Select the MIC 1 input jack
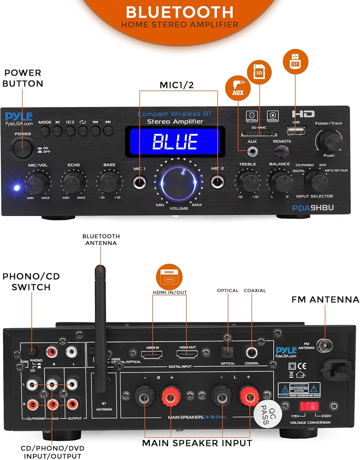pyautogui.click(x=140, y=182)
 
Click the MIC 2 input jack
pyautogui.click(x=218, y=182)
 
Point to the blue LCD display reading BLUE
pyautogui.click(x=175, y=141)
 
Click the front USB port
pyautogui.click(x=296, y=131)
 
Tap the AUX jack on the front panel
pyautogui.click(x=252, y=151)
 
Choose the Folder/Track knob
pyautogui.click(x=329, y=140)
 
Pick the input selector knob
pyautogui.click(x=316, y=182)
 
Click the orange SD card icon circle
pyautogui.click(x=259, y=73)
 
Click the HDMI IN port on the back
pyautogui.click(x=152, y=355)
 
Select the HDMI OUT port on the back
pyautogui.click(x=187, y=355)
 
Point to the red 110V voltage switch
pyautogui.click(x=310, y=406)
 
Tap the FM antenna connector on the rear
pyautogui.click(x=325, y=346)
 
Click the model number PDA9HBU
pyautogui.click(x=313, y=208)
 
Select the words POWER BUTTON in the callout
pyautogui.click(x=23, y=78)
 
